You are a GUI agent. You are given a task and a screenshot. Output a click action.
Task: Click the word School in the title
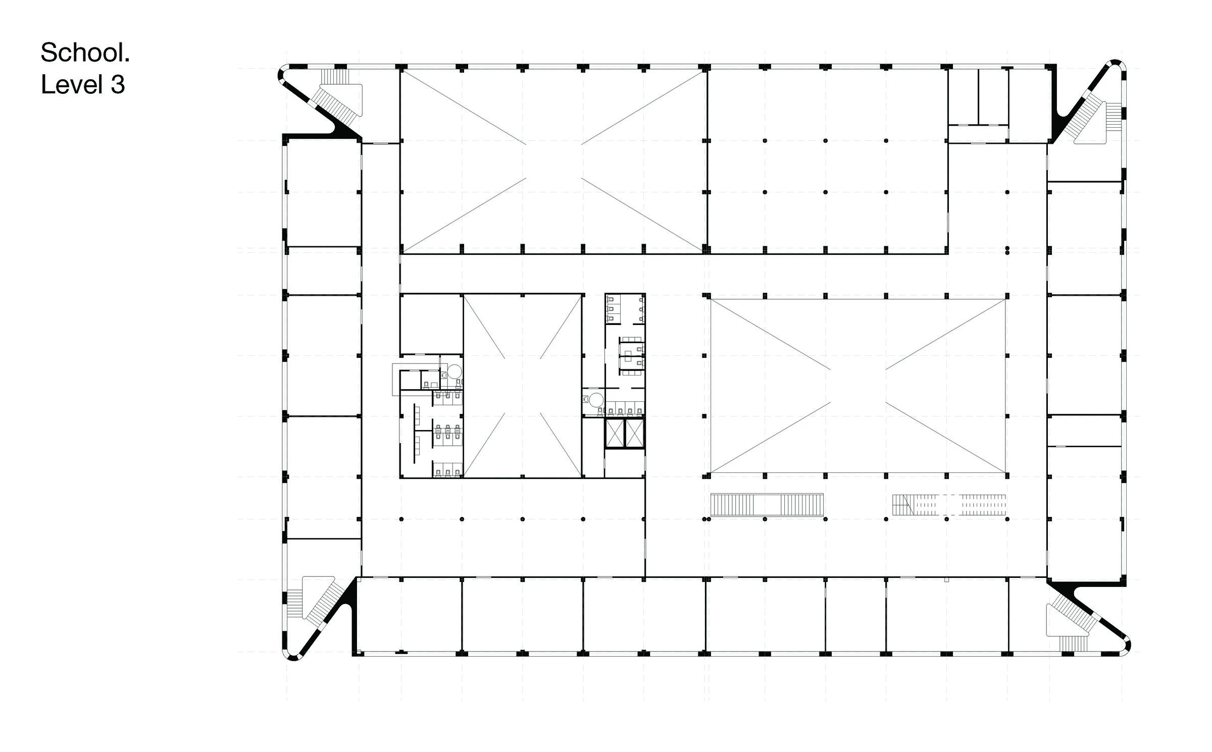(85, 52)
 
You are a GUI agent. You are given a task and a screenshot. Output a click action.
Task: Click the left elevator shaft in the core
(615, 433)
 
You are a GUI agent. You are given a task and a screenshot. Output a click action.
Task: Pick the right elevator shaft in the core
(634, 433)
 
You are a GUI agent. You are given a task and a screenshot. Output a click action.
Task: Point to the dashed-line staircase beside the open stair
(949, 505)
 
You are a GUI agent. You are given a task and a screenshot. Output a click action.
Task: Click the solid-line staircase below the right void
(767, 505)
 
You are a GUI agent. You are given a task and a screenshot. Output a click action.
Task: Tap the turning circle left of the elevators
(596, 400)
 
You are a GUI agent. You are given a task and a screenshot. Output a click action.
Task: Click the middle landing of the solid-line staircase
(767, 505)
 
